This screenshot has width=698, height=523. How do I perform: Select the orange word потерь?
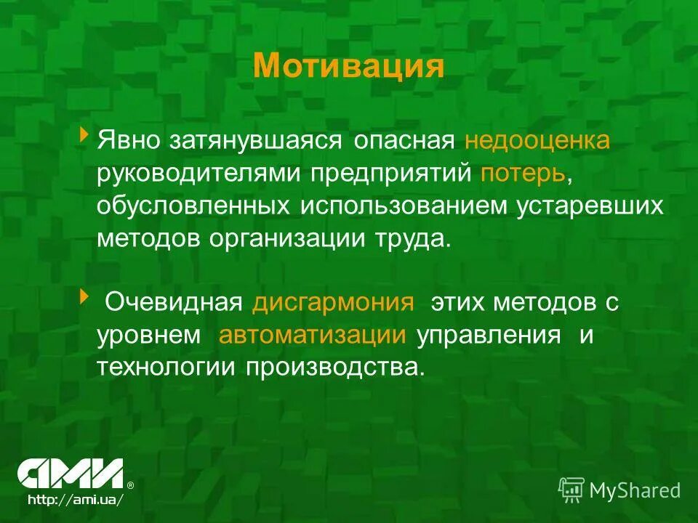coord(521,174)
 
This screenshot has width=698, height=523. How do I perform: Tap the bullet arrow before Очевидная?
coord(84,296)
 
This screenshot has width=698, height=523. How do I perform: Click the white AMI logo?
coord(71,474)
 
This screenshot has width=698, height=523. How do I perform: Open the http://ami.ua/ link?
coord(71,500)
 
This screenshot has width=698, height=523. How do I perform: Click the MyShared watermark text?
coord(634,490)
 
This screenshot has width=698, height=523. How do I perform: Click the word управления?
coord(489,336)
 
